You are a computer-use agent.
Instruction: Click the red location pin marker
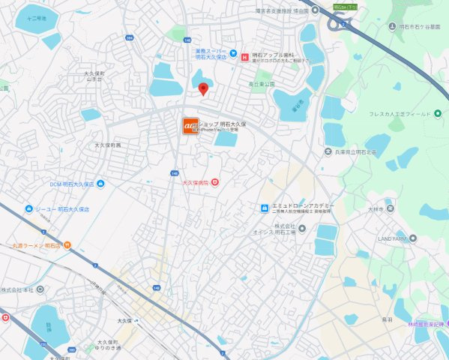pyautogui.click(x=202, y=89)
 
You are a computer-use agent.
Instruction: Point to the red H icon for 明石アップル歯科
pyautogui.click(x=233, y=54)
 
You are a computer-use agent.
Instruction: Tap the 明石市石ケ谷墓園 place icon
pyautogui.click(x=392, y=27)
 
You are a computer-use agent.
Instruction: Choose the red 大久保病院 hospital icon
pyautogui.click(x=215, y=181)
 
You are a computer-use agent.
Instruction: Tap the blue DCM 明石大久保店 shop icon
pyautogui.click(x=100, y=184)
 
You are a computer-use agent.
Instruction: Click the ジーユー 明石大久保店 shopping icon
pyautogui.click(x=27, y=208)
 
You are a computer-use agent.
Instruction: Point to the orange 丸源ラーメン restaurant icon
pyautogui.click(x=67, y=245)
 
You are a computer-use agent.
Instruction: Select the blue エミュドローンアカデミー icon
pyautogui.click(x=264, y=208)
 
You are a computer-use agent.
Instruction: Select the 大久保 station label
pyautogui.click(x=118, y=320)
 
